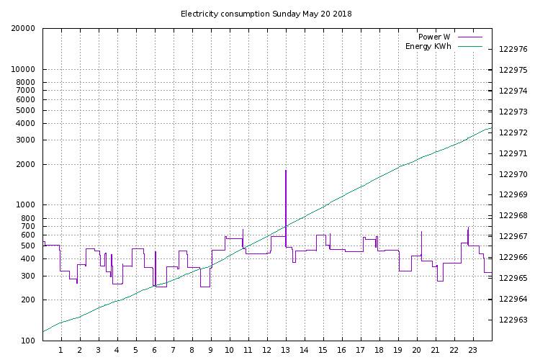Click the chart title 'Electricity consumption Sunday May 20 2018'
pos(266,14)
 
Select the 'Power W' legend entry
pos(434,37)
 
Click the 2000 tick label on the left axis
pos(26,165)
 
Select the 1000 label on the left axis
pos(26,205)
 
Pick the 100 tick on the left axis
pos(28,341)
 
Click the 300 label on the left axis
pos(28,276)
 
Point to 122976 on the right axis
pos(513,50)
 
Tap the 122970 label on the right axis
pos(513,174)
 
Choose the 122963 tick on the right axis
pos(513,320)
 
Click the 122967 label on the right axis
pos(513,237)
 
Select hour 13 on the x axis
pos(285,351)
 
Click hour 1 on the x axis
pos(60,351)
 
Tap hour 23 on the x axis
pos(472,351)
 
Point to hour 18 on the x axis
pos(379,351)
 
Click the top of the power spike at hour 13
pos(286,171)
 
